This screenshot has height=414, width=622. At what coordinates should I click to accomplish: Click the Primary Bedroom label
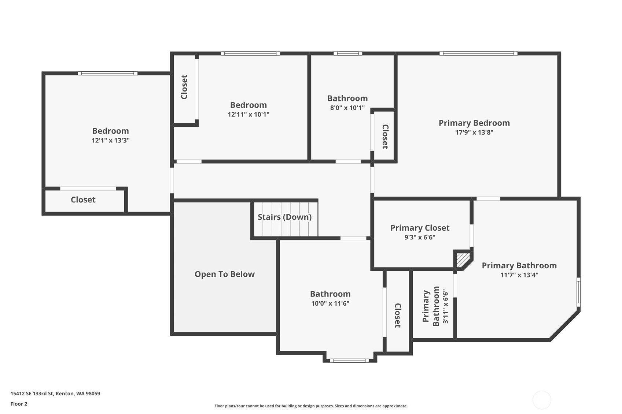(474, 123)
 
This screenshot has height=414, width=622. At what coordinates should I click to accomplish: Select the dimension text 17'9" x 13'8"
(474, 133)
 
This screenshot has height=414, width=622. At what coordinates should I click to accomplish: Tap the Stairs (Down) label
(284, 217)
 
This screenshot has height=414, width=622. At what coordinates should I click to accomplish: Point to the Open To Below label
(224, 274)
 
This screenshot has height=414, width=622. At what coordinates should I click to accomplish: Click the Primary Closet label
(420, 228)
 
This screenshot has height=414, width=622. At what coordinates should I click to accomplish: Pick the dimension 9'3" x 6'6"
(420, 237)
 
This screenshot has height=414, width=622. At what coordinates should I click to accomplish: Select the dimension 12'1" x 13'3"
(110, 140)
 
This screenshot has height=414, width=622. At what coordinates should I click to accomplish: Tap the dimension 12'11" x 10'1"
(248, 114)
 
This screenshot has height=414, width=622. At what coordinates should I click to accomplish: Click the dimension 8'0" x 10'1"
(347, 108)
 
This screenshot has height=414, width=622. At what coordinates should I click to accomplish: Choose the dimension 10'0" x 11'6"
(330, 303)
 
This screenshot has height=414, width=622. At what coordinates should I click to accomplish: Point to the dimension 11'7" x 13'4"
(519, 275)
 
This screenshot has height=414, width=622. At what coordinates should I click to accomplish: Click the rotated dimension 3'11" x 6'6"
(445, 306)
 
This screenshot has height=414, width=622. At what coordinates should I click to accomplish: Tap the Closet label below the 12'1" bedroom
(83, 199)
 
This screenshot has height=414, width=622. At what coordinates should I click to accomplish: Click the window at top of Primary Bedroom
(478, 53)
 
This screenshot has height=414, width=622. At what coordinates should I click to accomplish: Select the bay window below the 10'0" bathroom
(349, 361)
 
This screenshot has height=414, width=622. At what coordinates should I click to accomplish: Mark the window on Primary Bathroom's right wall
(578, 292)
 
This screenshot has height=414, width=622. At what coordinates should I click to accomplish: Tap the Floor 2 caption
(19, 404)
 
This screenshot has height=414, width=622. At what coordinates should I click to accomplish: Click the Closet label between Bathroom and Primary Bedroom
(385, 137)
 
